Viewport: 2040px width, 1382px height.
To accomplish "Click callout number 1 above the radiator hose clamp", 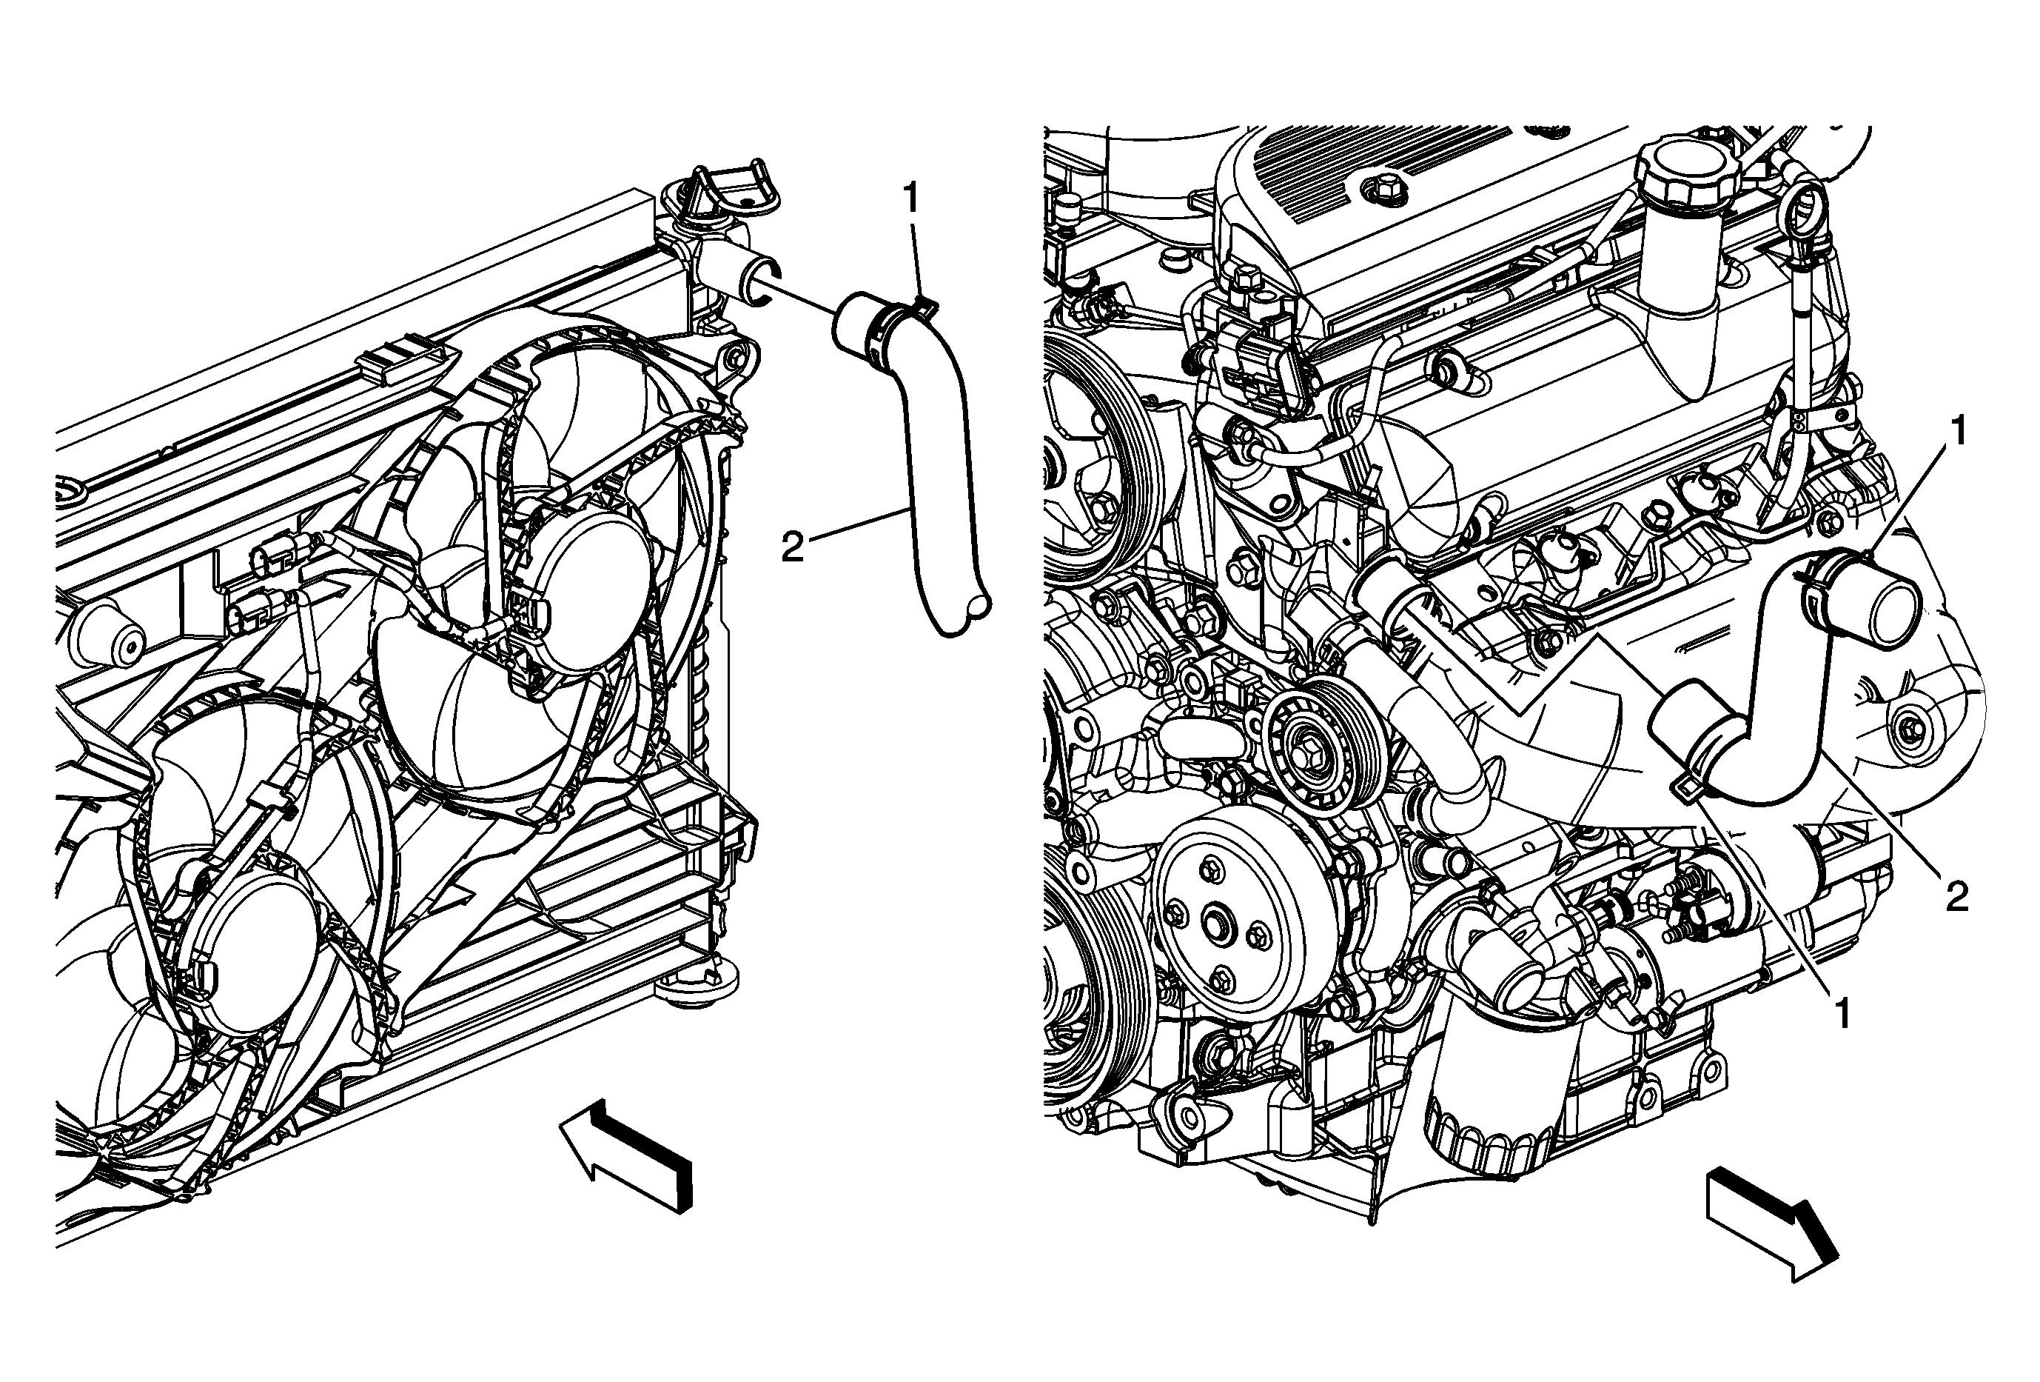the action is click(912, 198).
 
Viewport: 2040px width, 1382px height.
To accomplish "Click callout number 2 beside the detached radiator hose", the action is click(793, 550).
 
